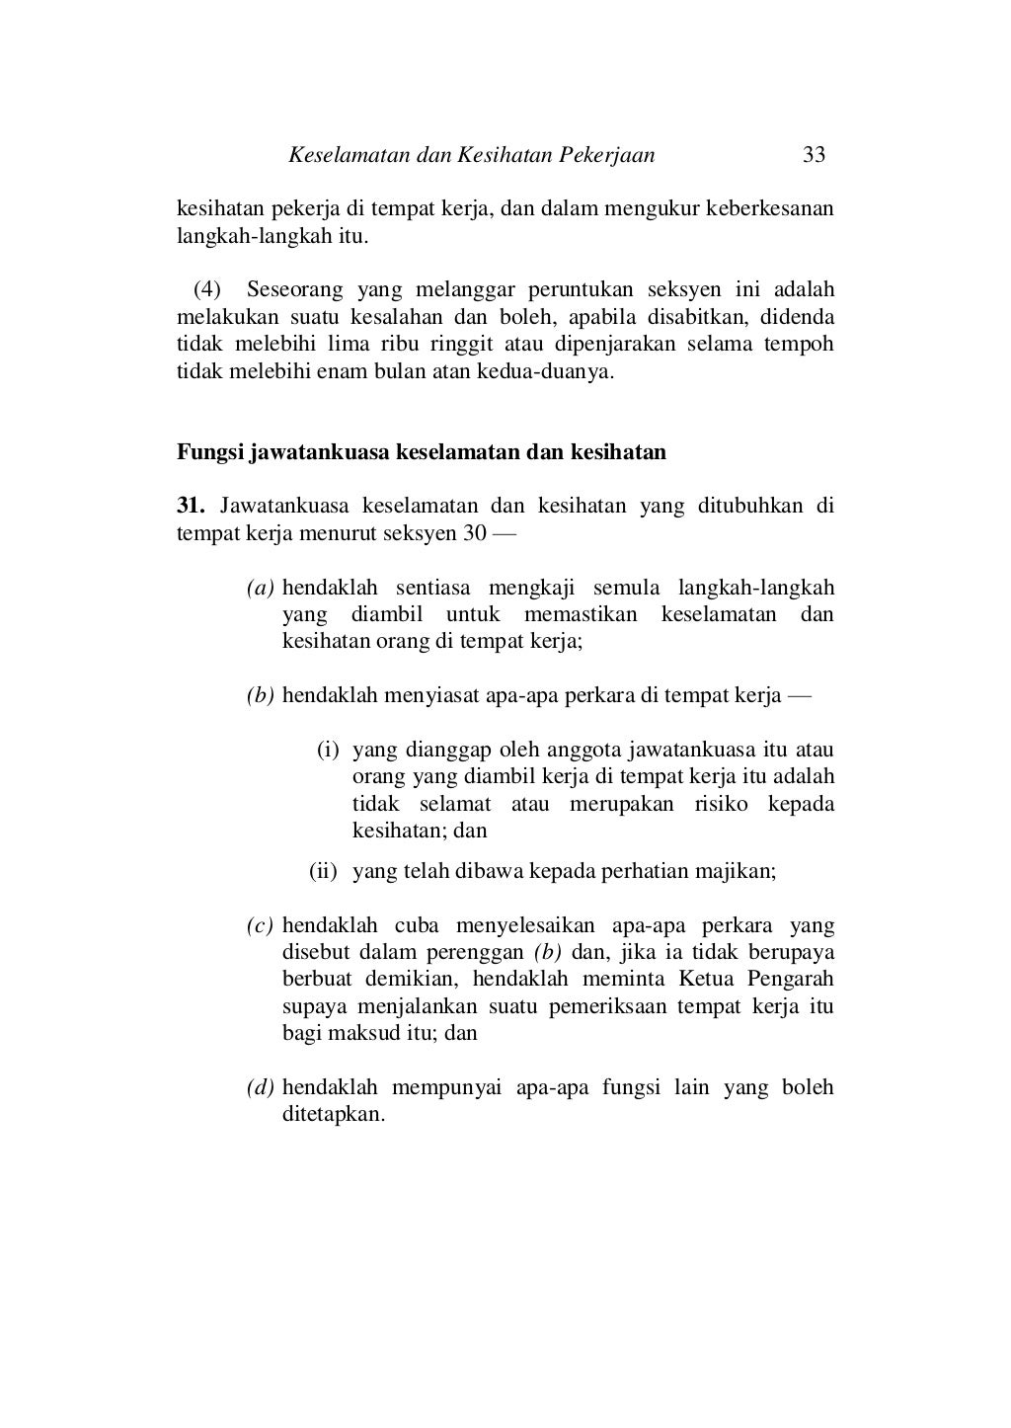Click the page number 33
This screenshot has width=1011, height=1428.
(814, 155)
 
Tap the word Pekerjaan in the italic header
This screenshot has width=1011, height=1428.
(607, 155)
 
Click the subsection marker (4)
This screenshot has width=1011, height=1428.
(207, 290)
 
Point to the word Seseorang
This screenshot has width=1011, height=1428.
(294, 290)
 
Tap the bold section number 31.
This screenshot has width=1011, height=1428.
(190, 508)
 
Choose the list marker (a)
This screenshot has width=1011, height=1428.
(260, 589)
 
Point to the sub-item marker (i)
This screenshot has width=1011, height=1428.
(328, 751)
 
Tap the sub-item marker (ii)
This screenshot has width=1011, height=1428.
(324, 872)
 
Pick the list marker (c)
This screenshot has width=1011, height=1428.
(260, 926)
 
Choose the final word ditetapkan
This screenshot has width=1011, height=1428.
(333, 1115)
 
